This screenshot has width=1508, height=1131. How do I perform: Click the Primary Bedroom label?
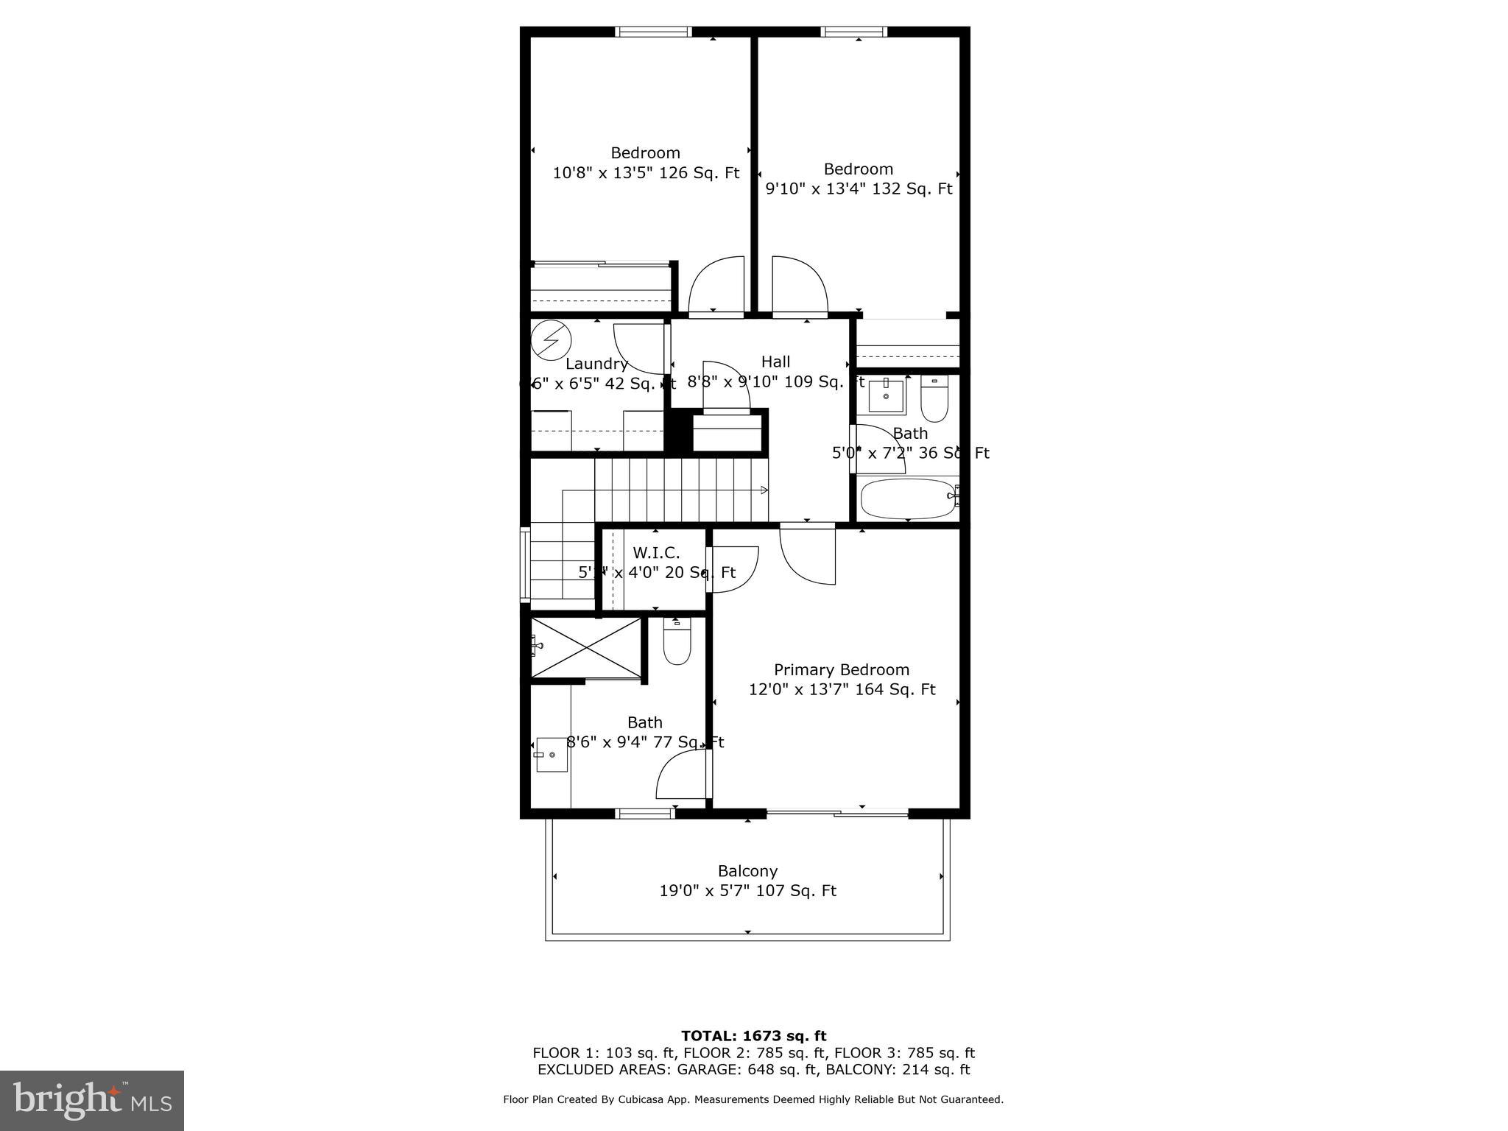point(841,670)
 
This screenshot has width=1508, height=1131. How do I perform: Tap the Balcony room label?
point(747,871)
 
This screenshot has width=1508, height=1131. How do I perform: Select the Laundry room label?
point(596,364)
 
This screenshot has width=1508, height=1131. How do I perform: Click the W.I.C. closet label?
point(656,553)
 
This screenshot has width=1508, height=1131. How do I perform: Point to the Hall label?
point(775,362)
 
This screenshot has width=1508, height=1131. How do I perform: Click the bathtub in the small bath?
point(907,498)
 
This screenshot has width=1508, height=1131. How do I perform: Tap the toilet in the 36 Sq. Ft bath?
point(934,398)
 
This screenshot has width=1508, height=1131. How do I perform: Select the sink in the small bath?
point(886,396)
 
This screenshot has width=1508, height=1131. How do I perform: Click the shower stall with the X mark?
point(586,647)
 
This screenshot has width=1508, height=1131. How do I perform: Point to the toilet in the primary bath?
point(677,641)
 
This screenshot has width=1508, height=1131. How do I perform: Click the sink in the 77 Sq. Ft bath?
point(552,755)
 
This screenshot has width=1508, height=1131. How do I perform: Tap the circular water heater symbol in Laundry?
point(552,340)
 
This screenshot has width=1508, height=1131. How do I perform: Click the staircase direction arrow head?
point(764,490)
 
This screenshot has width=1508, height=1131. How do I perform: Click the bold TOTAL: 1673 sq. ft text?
point(753,1036)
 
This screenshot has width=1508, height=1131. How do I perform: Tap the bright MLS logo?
point(92,1100)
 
